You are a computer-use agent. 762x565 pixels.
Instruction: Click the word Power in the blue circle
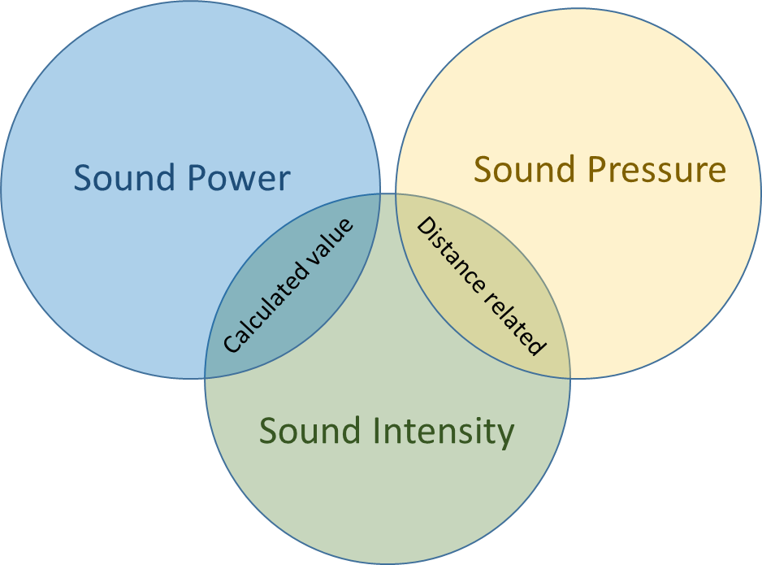(240, 178)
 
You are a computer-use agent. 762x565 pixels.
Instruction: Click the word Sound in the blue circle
(124, 178)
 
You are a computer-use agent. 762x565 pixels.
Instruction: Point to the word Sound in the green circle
(310, 431)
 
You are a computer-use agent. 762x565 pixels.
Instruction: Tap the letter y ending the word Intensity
(506, 436)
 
